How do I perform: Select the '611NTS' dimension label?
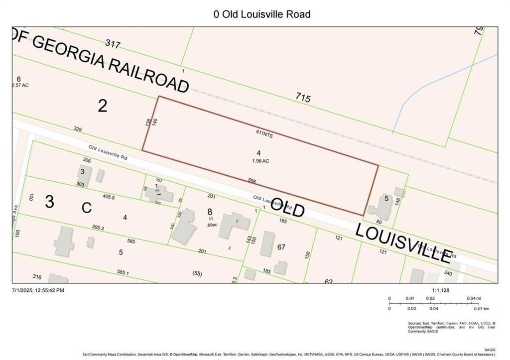[263, 134]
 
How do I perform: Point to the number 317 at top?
[113, 45]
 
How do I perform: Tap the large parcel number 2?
[102, 106]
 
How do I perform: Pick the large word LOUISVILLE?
[403, 243]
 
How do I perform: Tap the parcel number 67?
[281, 247]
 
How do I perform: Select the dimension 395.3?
[98, 228]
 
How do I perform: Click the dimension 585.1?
[123, 273]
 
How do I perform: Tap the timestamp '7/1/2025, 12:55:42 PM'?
[38, 290]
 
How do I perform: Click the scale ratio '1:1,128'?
[440, 290]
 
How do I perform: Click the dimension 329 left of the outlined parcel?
[77, 129]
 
